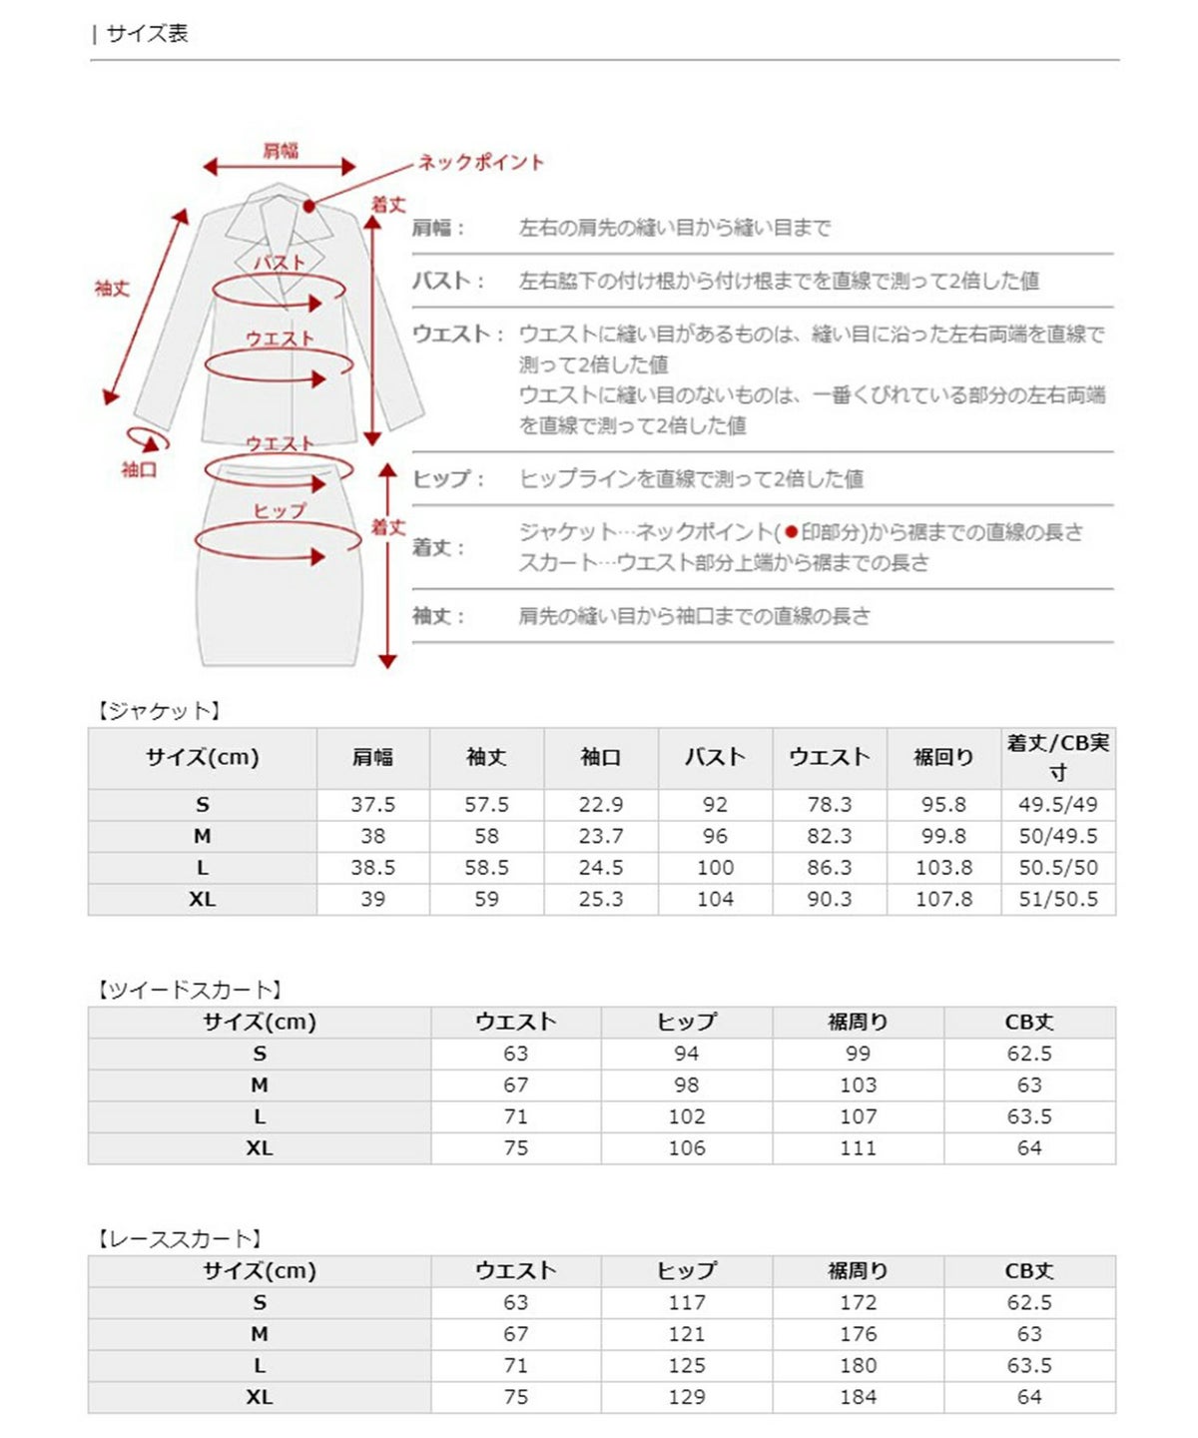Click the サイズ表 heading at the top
pos(147,34)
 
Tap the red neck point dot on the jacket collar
pos(309,207)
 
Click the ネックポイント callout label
pos(480,162)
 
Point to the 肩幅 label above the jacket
pos(281,151)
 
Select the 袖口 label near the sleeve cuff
pos(139,469)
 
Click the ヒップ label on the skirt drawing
pos(280,510)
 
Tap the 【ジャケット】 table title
pos(158,711)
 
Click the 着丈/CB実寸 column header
pos(1057,757)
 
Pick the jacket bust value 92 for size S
pos(715,805)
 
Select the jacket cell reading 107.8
pos(943,899)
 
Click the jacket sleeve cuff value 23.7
pos(601,836)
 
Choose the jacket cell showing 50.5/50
pos(1057,868)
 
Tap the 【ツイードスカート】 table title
pos(189,990)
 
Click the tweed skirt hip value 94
pos(686,1054)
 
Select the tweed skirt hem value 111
pos(858,1148)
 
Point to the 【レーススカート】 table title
pos(179,1239)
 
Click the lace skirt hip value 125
pos(686,1365)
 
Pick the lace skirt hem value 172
pos(858,1302)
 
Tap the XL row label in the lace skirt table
pos(259,1397)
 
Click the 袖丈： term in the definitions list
pos(438,616)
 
